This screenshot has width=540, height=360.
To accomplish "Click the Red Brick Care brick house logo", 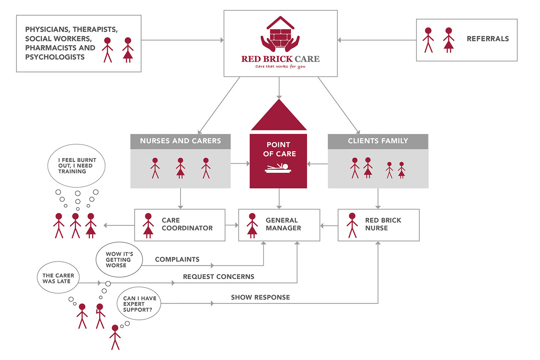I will point(280,34).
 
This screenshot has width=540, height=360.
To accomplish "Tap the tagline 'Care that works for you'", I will point(280,67).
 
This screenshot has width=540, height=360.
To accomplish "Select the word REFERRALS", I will point(488,39).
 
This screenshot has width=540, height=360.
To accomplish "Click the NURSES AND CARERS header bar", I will point(180,141).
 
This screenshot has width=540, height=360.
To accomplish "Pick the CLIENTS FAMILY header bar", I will point(378,141).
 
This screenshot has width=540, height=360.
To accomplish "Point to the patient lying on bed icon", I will point(278,168).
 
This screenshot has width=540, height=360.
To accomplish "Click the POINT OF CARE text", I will point(279,149).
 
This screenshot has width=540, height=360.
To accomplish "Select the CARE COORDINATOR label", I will point(187,224).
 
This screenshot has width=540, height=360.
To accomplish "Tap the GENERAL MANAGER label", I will point(283,224).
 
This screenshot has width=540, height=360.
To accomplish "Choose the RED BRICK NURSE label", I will point(383,224).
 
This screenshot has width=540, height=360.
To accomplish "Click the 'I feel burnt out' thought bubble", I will point(77,166).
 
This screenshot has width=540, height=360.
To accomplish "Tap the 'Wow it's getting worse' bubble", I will point(119,260).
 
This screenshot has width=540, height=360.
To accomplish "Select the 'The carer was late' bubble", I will point(58,278).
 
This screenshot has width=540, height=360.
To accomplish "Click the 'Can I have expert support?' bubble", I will point(139,304).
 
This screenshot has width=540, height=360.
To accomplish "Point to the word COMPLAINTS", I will point(177,259).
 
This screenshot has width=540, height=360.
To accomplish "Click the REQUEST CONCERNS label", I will point(218,277).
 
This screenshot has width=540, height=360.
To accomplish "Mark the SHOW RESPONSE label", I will point(260,297).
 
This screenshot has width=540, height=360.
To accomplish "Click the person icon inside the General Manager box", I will point(252,225).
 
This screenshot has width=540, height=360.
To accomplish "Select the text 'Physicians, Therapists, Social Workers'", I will point(71,34).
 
